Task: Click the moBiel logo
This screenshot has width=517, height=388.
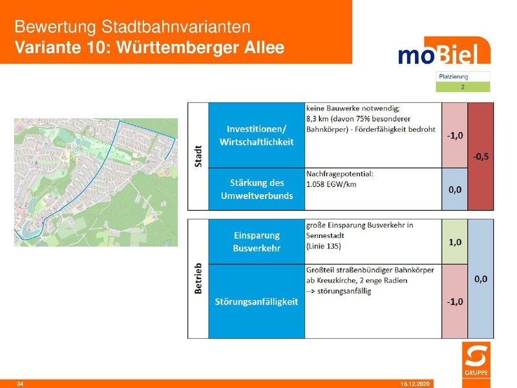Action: [439, 54]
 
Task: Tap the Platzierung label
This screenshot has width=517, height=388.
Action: [454, 76]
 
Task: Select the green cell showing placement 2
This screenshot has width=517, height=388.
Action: [463, 86]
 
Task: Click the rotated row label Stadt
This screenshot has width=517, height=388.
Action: [198, 156]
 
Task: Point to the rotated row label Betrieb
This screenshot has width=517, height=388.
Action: [198, 279]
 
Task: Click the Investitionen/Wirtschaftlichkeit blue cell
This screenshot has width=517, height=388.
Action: [257, 135]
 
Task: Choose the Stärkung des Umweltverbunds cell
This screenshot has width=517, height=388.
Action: [257, 189]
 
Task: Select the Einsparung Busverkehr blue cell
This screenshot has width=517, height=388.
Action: [257, 242]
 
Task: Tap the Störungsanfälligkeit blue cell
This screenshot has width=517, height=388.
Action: [257, 302]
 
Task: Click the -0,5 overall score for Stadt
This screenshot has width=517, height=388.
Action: [480, 156]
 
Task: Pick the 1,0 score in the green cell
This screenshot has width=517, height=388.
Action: [454, 242]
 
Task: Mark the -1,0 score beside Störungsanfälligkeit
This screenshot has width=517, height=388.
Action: [454, 302]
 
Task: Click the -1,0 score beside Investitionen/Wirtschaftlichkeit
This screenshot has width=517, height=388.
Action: [454, 135]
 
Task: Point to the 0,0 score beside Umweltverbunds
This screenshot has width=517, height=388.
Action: [454, 189]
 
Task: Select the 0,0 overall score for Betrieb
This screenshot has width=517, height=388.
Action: [480, 279]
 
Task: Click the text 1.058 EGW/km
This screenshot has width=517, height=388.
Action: [332, 184]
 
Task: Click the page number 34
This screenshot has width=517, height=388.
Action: [19, 384]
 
